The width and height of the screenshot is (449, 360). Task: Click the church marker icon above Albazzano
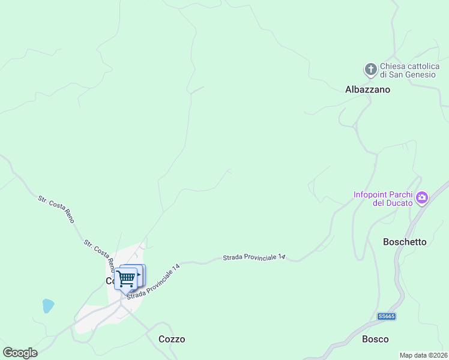[370, 70]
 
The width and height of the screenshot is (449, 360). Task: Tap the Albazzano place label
[367, 89]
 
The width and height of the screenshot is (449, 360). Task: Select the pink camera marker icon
[422, 197]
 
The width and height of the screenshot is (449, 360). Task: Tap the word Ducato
[398, 203]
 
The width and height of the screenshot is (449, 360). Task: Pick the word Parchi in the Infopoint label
[405, 194]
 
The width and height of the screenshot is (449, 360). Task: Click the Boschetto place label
[405, 242]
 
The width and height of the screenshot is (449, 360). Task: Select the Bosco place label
[375, 339]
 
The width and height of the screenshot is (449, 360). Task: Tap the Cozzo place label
[172, 339]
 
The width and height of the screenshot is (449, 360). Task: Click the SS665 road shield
[387, 316]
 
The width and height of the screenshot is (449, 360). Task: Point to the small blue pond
[48, 306]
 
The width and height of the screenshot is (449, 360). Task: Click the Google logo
[20, 353]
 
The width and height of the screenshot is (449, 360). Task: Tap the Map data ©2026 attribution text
[423, 355]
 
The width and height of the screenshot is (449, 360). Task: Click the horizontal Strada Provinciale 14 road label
[254, 257]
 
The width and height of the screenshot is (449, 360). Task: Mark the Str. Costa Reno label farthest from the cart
[56, 209]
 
